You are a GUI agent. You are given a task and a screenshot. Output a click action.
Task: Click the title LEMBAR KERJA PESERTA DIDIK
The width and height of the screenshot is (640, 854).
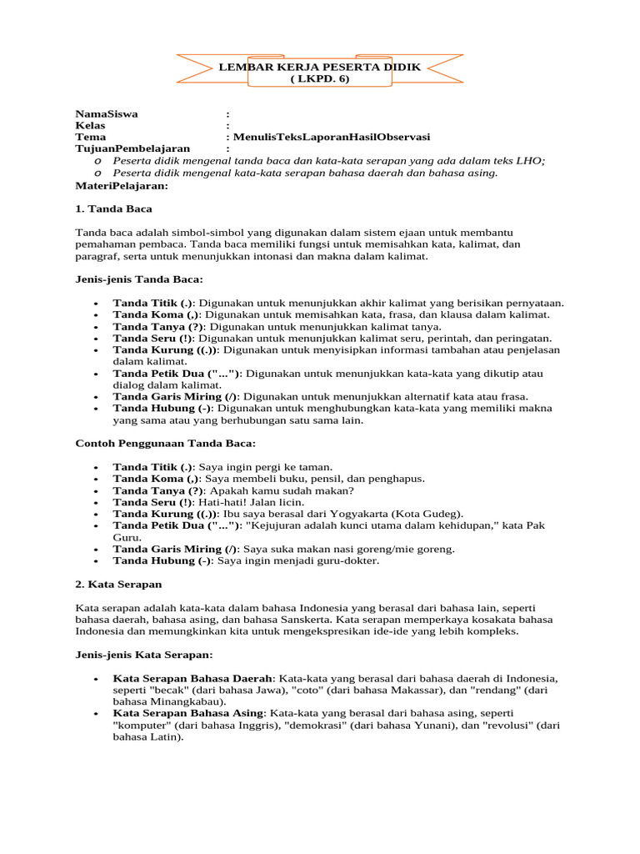click(x=319, y=66)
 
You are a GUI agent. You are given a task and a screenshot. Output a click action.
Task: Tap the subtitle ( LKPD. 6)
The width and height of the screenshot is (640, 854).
click(x=320, y=78)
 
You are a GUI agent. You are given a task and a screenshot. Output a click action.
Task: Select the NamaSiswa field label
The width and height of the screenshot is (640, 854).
click(x=107, y=113)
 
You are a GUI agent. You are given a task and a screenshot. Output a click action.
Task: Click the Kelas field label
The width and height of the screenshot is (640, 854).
click(x=90, y=125)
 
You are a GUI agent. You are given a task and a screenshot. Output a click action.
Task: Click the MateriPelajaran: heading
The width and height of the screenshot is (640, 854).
click(x=122, y=184)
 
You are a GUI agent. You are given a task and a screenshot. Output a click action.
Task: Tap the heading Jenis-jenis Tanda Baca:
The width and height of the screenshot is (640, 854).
click(x=139, y=279)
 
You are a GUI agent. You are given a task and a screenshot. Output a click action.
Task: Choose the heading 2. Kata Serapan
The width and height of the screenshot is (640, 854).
click(x=118, y=585)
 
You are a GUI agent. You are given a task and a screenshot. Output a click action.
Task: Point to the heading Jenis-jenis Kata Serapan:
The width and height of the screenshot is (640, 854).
click(x=144, y=655)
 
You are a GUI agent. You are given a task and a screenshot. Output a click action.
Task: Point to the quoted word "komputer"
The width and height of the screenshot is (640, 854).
click(x=143, y=726)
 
